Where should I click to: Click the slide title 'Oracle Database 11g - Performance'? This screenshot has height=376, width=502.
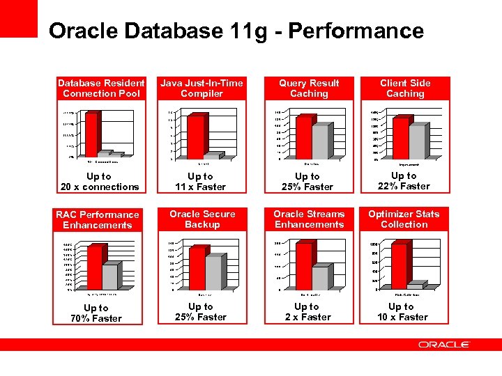tap(236, 31)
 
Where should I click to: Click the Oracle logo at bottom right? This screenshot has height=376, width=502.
tap(444, 345)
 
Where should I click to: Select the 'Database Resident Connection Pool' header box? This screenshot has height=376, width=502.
tap(101, 88)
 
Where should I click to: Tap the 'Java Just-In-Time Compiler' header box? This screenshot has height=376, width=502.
tap(201, 88)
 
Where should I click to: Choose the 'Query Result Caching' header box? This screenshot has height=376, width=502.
tap(309, 88)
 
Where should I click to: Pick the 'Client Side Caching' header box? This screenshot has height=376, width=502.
tap(405, 88)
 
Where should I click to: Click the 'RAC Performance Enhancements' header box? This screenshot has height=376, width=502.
tap(98, 220)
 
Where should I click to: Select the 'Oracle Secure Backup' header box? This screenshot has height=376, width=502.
tap(202, 219)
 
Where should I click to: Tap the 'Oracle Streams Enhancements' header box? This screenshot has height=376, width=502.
tap(309, 219)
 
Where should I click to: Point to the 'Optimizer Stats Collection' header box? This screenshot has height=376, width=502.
tap(404, 219)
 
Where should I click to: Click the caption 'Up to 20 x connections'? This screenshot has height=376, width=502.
tap(100, 182)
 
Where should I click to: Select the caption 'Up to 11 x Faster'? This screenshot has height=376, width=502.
tap(201, 182)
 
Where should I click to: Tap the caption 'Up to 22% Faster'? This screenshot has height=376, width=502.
tap(404, 181)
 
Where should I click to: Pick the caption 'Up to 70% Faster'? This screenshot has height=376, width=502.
tap(96, 313)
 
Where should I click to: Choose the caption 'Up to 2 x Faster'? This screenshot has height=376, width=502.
tap(307, 312)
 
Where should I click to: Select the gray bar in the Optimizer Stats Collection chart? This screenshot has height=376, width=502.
tap(414, 286)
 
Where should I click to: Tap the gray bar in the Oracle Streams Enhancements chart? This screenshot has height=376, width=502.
tap(320, 278)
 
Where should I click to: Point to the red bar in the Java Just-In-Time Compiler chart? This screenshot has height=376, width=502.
tap(196, 137)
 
